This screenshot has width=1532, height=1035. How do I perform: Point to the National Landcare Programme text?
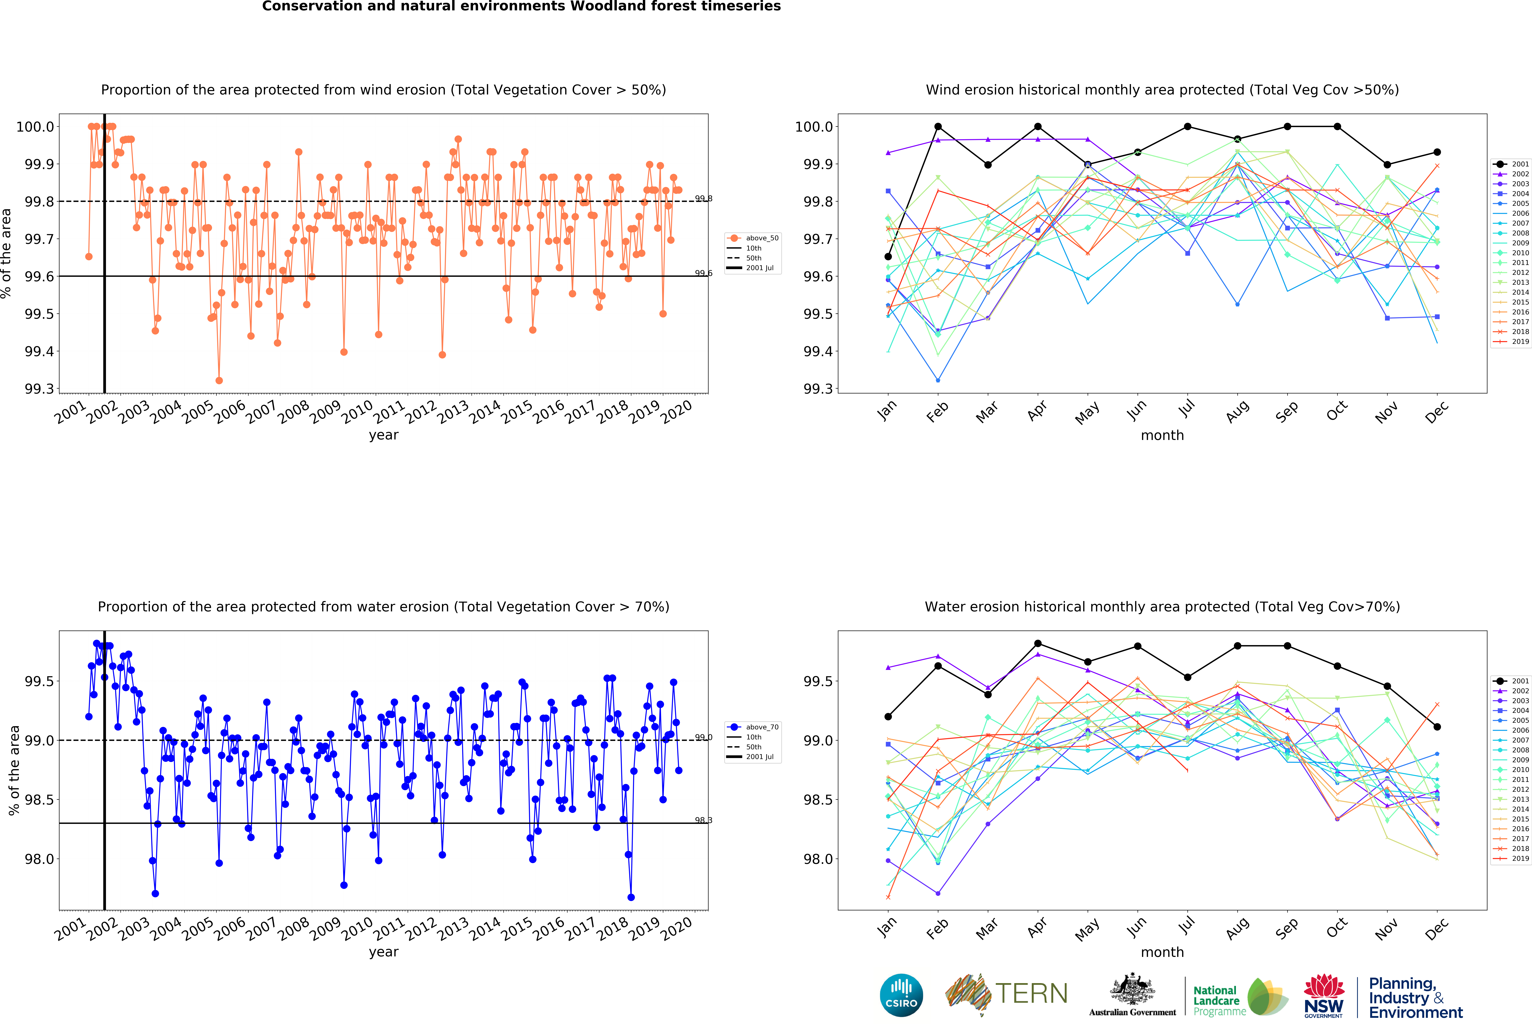point(1220,1001)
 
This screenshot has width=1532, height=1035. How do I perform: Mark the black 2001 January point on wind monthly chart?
point(888,257)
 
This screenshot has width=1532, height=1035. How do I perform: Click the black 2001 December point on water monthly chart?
point(1437,726)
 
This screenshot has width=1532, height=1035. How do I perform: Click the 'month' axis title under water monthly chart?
point(1162,952)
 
